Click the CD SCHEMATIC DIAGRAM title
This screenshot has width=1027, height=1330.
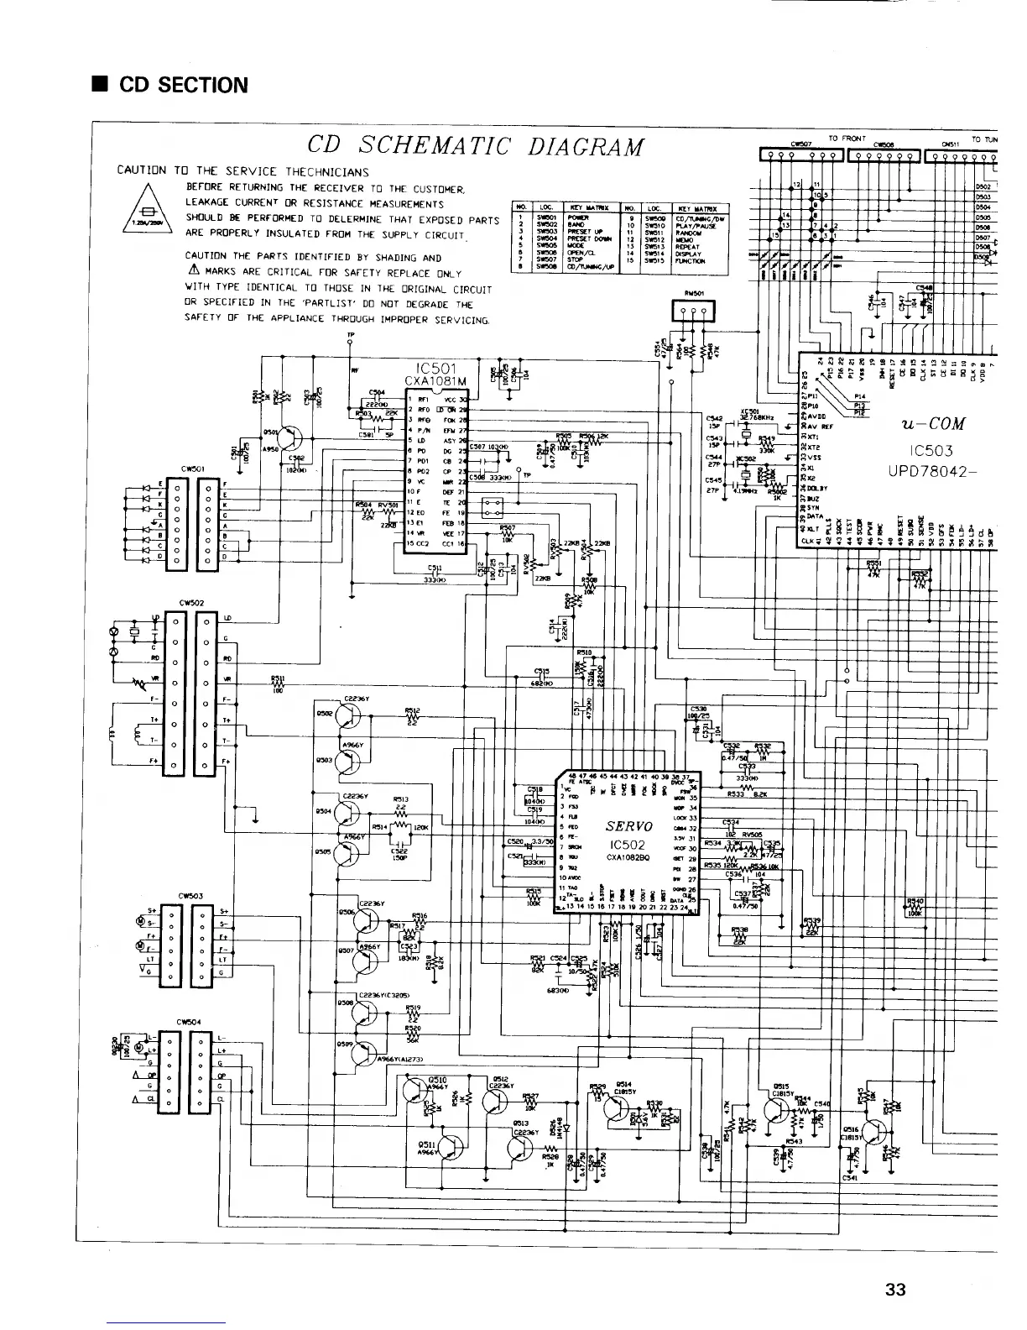pyautogui.click(x=476, y=146)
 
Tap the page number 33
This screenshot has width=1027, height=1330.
pyautogui.click(x=895, y=1290)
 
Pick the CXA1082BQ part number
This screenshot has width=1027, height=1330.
pyautogui.click(x=628, y=857)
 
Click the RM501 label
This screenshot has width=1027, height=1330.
pyautogui.click(x=693, y=294)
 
